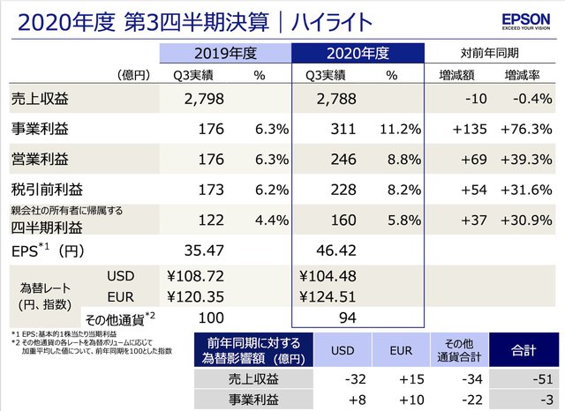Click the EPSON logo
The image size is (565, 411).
[527, 20]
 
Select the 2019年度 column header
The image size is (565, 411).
[225, 54]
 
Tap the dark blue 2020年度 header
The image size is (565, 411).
[358, 54]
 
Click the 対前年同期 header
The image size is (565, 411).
[490, 54]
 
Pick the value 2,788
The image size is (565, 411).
[339, 98]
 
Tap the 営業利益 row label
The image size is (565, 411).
[36, 161]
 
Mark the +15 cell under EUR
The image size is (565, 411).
[402, 381]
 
